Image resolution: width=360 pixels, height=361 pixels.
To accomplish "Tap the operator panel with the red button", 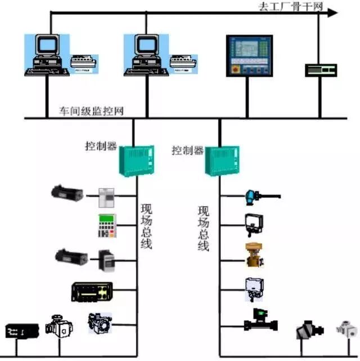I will click(x=248, y=55).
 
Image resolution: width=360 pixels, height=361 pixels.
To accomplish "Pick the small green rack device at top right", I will click(x=320, y=70).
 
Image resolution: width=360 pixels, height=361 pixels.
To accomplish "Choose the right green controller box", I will click(x=221, y=161).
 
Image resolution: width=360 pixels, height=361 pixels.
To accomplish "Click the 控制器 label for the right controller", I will click(x=186, y=151).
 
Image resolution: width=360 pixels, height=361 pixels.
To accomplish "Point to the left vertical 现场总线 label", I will click(x=146, y=225).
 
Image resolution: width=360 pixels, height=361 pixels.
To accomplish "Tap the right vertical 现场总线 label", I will click(x=203, y=228).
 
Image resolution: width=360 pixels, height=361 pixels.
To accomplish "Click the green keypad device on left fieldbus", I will click(x=106, y=226).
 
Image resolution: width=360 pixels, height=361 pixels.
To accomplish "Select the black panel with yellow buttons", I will click(x=92, y=291).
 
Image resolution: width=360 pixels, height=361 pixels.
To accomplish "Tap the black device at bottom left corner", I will click(x=22, y=331).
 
